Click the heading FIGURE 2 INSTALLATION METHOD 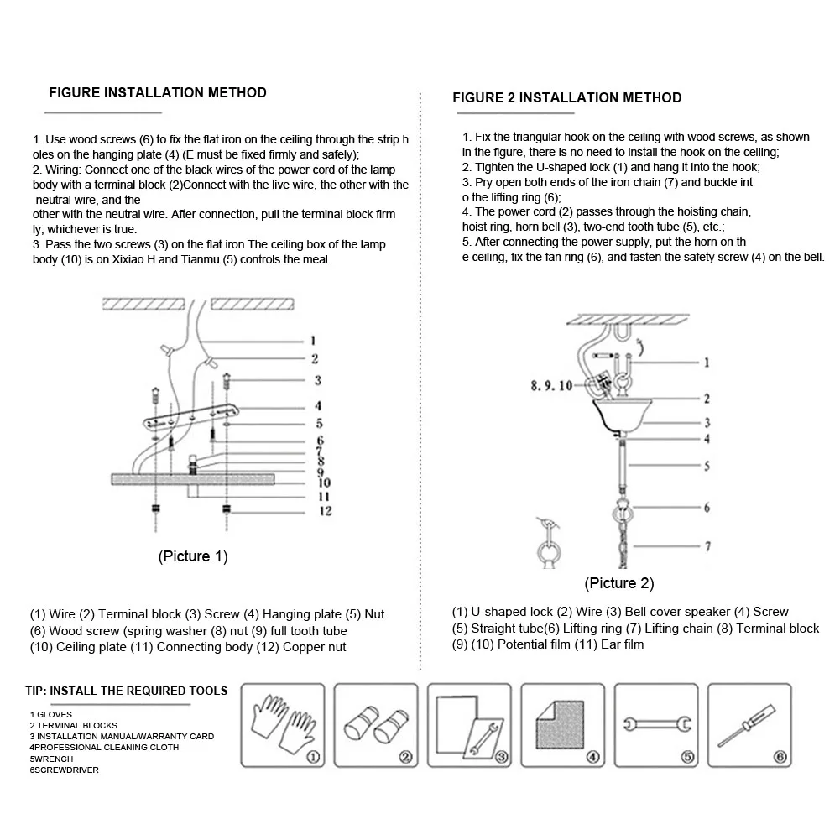tap(566, 97)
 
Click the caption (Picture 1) tap(193, 556)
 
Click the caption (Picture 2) tap(619, 583)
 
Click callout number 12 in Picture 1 tap(325, 511)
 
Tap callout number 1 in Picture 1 tap(312, 342)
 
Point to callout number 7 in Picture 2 tap(707, 546)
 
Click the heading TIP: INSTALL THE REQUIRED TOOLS tap(126, 691)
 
